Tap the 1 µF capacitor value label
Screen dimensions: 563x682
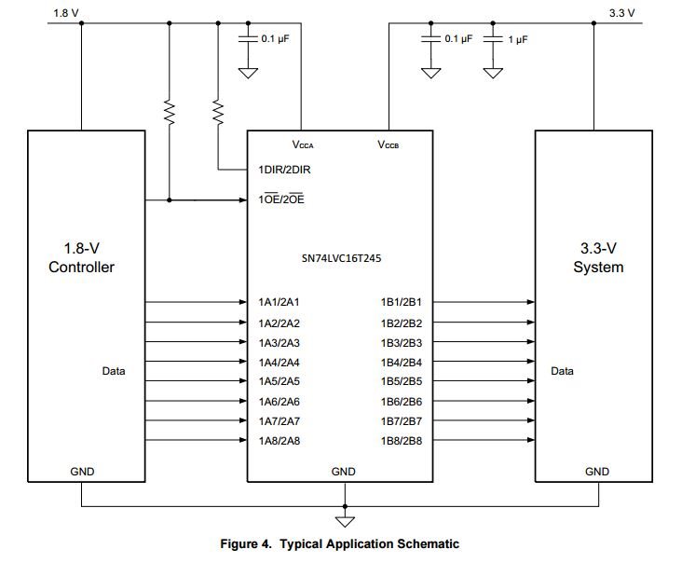[x=519, y=39]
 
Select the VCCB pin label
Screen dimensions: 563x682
[x=389, y=144]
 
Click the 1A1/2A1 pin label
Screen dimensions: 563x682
[x=279, y=302]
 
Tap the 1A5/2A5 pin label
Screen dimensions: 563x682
[x=279, y=381]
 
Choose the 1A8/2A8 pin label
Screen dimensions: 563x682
[x=279, y=440]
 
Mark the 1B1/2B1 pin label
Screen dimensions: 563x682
[x=402, y=302]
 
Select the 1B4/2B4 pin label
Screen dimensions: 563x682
[x=402, y=362]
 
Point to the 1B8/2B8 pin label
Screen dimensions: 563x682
[x=402, y=440]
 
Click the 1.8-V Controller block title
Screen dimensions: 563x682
[x=81, y=258]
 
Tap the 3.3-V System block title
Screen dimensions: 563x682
[x=598, y=258]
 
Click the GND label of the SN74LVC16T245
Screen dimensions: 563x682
[x=344, y=472]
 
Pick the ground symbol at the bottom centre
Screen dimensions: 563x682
[x=345, y=515]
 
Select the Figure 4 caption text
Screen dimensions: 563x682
[x=339, y=543]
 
